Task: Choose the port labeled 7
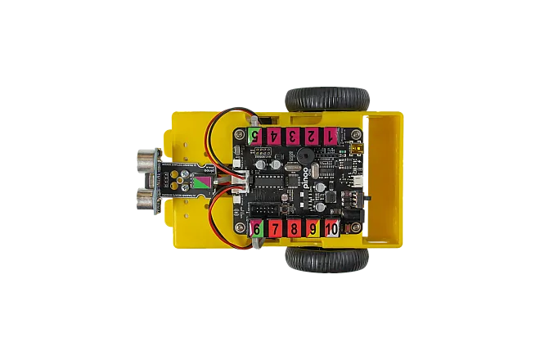click(275, 228)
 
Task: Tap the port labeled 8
click(294, 228)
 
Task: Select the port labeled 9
click(312, 228)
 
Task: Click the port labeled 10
click(331, 228)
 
